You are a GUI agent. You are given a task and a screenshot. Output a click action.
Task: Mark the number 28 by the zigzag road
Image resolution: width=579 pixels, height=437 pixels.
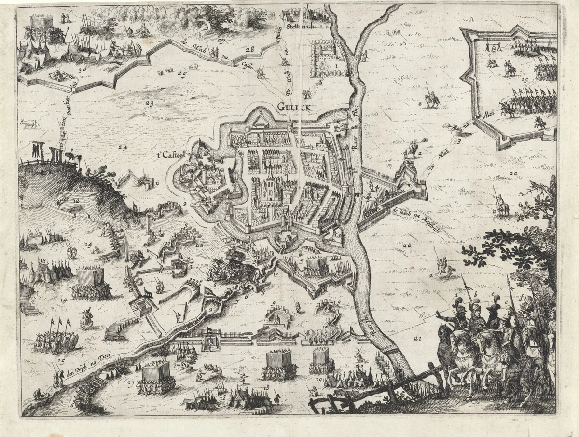pos(249,50)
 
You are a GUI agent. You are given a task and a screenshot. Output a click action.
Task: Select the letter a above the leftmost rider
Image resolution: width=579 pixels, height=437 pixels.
pos(455,292)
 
